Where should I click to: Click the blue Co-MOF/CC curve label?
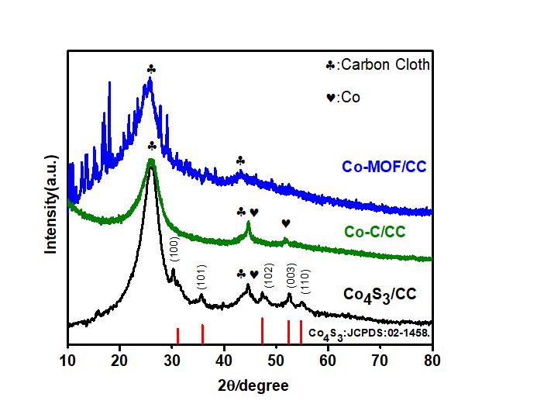point(384,167)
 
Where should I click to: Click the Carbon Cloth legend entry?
point(377,65)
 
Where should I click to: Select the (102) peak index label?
point(269,276)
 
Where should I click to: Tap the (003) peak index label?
point(290,276)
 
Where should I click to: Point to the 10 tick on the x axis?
point(67,360)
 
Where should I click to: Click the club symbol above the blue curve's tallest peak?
point(151,70)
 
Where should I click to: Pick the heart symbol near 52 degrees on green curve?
point(286,223)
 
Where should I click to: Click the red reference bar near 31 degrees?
point(177,335)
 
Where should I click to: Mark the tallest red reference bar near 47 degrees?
point(262,330)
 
